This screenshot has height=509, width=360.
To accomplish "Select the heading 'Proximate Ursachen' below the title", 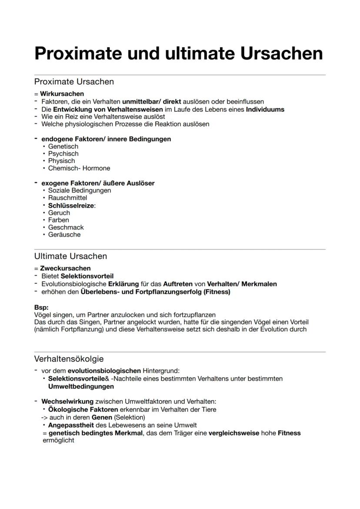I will (74, 82).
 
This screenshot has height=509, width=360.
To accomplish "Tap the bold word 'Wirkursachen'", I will (62, 93).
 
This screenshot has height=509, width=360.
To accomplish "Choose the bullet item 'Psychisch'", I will (63, 153).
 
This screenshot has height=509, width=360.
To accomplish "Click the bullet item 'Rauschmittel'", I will (67, 198).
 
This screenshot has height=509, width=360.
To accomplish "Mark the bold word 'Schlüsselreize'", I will (71, 205).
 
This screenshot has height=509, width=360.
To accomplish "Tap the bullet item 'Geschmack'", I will (66, 227).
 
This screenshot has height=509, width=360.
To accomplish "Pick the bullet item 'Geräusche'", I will (64, 235).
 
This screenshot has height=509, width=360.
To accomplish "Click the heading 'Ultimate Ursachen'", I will (70, 256).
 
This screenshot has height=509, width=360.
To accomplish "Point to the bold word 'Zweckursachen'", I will (65, 268).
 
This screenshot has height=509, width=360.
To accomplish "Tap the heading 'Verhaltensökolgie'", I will (69, 359).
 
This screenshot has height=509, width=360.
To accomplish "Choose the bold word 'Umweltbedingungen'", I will (81, 386).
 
